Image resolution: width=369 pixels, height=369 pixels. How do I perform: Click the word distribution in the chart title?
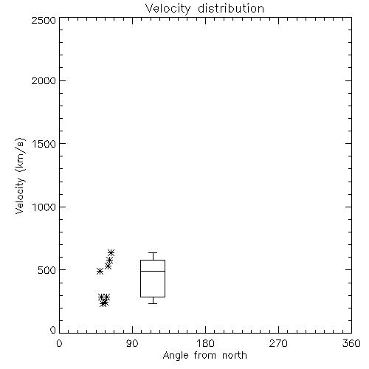point(231,8)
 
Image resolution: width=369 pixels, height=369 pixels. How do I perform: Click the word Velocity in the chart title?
point(168,9)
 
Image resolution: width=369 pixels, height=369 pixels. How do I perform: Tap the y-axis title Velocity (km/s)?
point(20,176)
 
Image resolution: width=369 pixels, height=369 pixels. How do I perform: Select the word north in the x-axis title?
point(235,355)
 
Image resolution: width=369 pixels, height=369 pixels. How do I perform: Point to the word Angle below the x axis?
point(176,356)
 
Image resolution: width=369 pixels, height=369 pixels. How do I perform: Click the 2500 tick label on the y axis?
point(44,20)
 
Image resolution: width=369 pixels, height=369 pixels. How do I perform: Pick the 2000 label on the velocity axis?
point(44,80)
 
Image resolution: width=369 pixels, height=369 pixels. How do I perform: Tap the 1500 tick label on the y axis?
point(44,144)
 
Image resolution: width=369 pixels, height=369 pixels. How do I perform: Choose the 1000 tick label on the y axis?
point(44,207)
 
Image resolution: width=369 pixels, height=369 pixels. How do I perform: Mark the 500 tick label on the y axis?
point(47,270)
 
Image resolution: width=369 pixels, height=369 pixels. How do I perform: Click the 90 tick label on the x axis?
point(132,343)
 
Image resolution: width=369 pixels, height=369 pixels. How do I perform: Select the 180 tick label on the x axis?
point(205,343)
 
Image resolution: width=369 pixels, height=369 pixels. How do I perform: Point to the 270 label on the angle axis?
point(278,343)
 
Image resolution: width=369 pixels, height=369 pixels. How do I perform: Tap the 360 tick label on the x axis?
point(351,343)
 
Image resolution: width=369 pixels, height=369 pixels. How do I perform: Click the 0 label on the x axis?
point(59,343)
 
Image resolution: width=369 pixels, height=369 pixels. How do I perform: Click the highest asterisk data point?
point(111,252)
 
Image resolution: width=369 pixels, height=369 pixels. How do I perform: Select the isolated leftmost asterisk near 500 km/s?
point(100,272)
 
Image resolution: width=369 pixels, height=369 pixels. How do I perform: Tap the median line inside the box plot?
point(153,271)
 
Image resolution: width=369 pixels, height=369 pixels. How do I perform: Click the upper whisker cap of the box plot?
point(153,252)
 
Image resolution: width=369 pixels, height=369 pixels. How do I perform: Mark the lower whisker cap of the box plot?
point(153,303)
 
